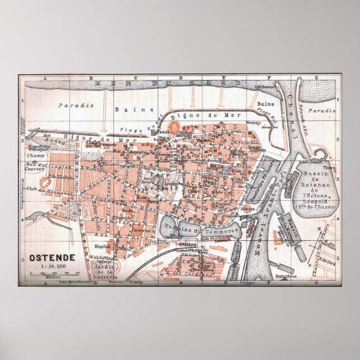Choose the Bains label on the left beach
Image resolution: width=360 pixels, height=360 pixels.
tap(126, 110)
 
